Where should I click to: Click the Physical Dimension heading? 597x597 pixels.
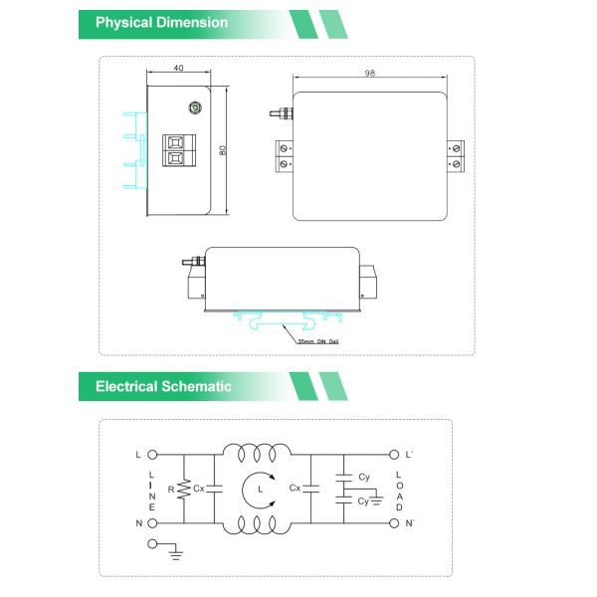161,22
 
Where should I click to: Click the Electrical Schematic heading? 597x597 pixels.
163,386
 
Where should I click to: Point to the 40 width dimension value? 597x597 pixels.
178,70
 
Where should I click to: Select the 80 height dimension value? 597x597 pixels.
223,150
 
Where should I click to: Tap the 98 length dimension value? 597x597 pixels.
369,74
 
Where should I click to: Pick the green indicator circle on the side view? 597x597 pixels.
195,109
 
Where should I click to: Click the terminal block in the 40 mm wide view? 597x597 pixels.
175,152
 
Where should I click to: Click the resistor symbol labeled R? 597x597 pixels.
183,489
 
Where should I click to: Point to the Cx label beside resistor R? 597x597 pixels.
199,489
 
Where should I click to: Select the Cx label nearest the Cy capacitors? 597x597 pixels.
295,489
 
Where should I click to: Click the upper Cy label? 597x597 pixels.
364,477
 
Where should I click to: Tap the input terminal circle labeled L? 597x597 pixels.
153,455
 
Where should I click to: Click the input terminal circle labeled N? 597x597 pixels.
153,522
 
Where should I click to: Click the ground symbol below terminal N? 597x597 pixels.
175,550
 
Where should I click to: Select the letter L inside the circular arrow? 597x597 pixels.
260,490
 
